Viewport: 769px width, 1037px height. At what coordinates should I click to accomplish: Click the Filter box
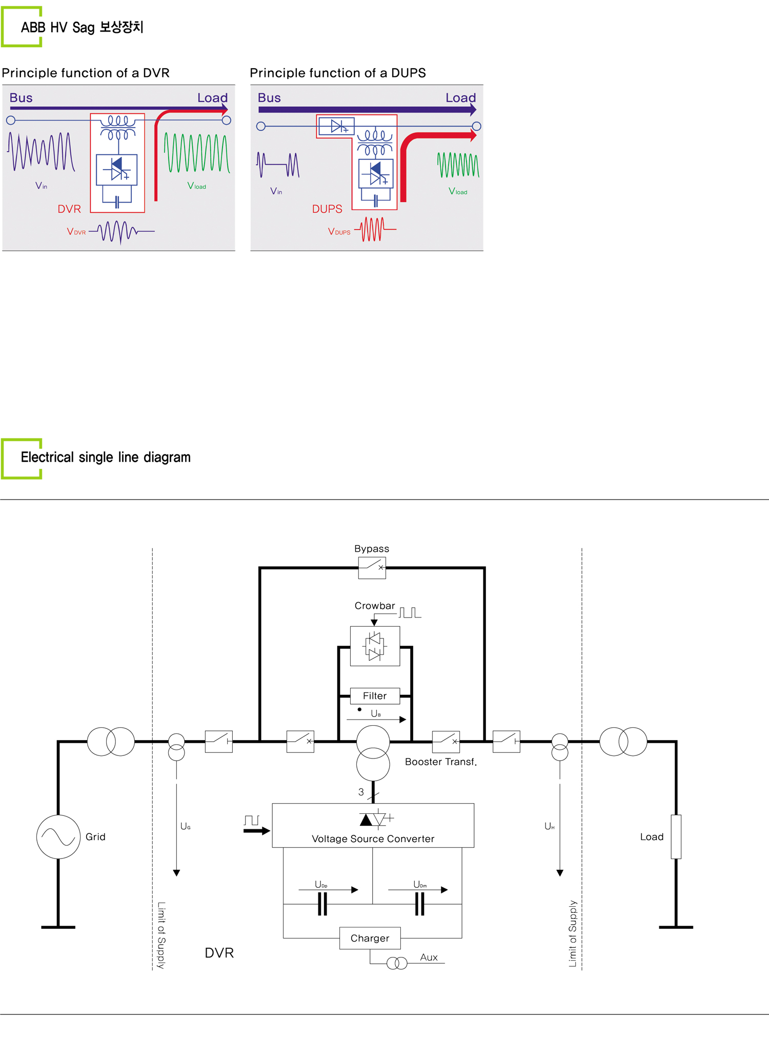(x=375, y=696)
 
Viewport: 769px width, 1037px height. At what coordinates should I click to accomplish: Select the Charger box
(x=370, y=938)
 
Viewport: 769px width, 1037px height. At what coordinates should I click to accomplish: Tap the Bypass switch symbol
(x=372, y=568)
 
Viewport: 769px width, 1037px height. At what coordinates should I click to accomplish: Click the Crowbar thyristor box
(x=375, y=646)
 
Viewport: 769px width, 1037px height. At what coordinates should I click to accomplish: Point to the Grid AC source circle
(x=58, y=837)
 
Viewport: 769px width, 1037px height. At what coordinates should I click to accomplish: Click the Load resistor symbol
(x=676, y=837)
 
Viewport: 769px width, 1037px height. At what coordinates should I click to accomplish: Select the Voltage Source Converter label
(x=373, y=839)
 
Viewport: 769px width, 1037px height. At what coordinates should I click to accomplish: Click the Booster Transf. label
(x=441, y=762)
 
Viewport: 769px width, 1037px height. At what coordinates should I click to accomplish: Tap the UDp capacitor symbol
(x=322, y=904)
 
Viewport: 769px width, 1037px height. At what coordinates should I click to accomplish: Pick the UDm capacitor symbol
(x=419, y=904)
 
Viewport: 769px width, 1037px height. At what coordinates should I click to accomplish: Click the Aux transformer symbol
(x=397, y=963)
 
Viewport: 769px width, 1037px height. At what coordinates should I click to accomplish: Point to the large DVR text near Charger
(x=219, y=953)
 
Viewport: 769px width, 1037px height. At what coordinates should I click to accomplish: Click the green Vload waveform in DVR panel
(x=197, y=153)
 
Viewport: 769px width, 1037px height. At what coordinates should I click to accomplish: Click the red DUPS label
(x=327, y=209)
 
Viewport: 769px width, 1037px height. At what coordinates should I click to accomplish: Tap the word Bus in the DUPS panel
(x=269, y=98)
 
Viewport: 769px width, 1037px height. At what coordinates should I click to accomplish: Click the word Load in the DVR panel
(x=212, y=98)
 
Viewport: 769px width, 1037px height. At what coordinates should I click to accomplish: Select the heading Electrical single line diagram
(x=106, y=457)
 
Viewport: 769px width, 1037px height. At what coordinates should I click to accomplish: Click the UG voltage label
(x=186, y=827)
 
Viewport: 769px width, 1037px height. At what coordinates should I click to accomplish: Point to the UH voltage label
(x=550, y=827)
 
